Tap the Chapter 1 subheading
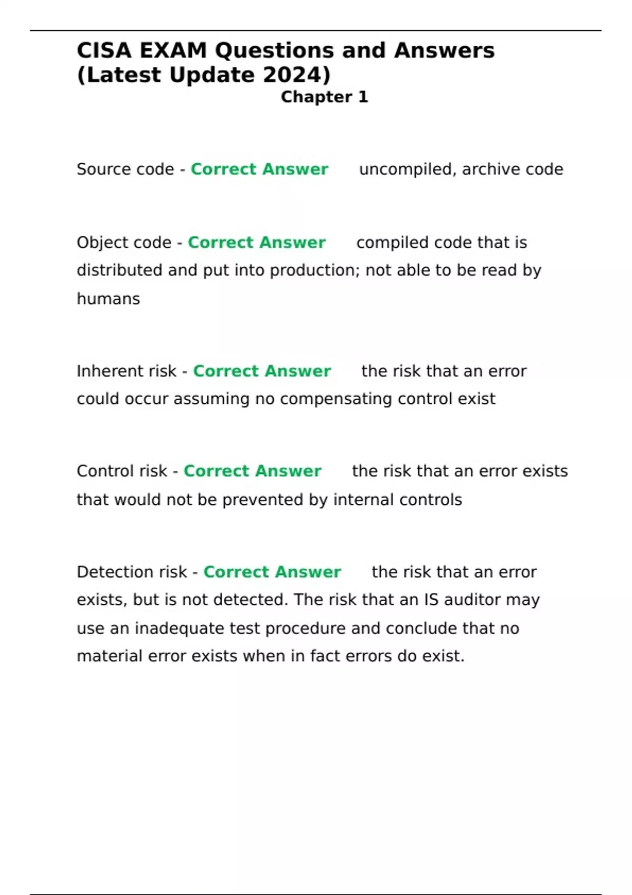tap(324, 97)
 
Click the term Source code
tap(125, 169)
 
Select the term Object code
tap(124, 242)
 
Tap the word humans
tap(108, 299)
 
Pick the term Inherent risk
tap(126, 371)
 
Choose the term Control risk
tap(122, 471)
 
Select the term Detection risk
tap(132, 572)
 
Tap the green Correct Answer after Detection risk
tap(272, 572)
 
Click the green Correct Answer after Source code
tap(260, 169)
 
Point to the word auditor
tap(472, 600)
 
